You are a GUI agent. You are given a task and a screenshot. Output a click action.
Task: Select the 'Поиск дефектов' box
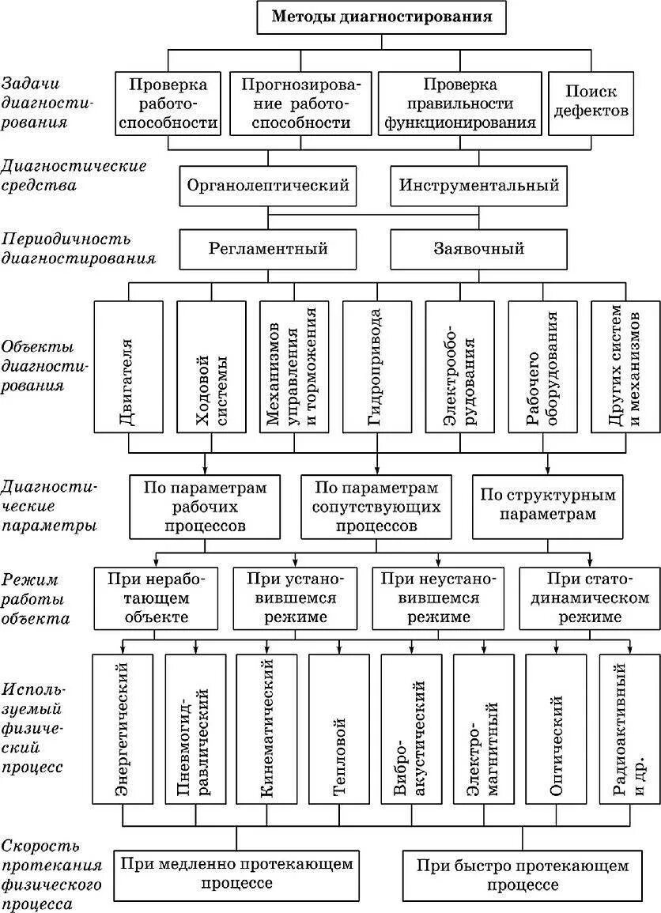[591, 102]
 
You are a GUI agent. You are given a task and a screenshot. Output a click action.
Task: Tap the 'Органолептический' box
[268, 187]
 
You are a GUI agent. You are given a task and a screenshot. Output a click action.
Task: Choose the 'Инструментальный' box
[479, 187]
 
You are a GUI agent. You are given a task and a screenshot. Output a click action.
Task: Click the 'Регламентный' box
[268, 249]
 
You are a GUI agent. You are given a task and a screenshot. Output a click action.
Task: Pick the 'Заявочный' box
[479, 249]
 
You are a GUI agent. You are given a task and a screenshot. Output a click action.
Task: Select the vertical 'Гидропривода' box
[376, 366]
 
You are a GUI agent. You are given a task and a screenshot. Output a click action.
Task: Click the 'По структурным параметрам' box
[547, 505]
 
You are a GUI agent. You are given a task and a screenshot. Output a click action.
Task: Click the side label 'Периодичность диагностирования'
[77, 248]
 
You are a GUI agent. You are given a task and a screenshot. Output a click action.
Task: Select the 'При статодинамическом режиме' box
[589, 598]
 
